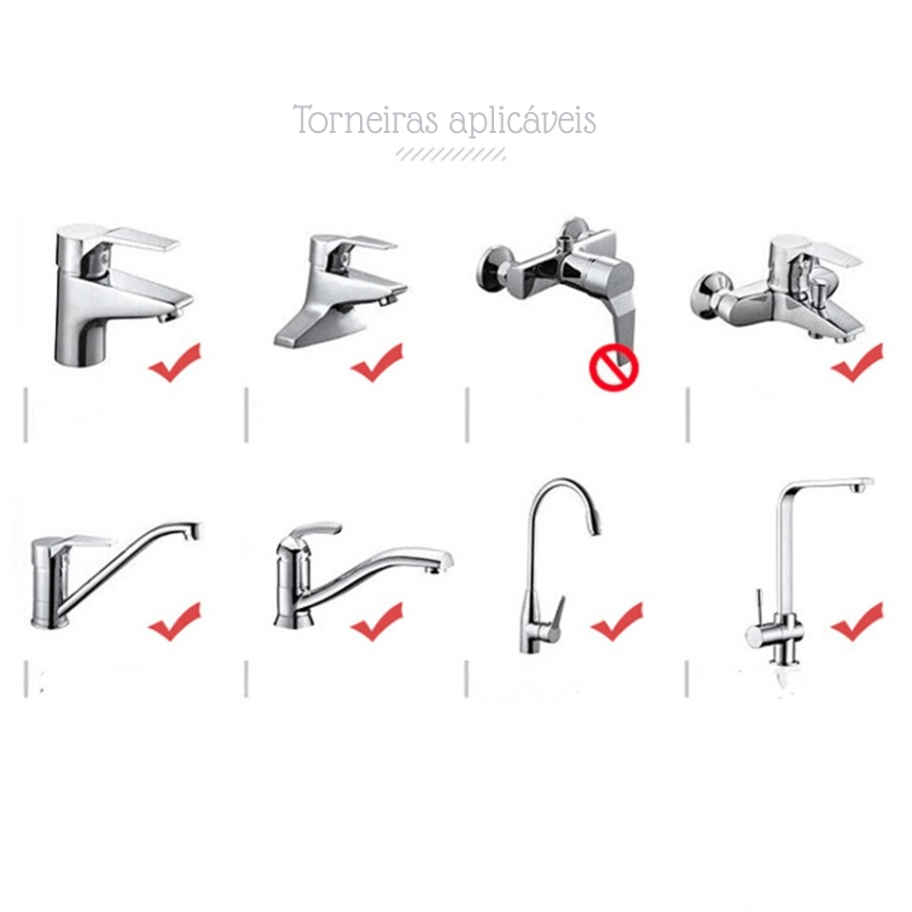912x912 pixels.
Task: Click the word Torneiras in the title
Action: tap(365, 120)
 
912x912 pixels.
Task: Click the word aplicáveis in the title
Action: tap(522, 121)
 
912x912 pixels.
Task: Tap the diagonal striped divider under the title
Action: tap(450, 154)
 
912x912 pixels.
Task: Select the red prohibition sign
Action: tap(614, 369)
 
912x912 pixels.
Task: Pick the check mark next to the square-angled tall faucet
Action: tap(856, 621)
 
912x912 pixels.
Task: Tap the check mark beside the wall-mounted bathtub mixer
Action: tap(856, 362)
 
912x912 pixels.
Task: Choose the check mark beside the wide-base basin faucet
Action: tap(376, 362)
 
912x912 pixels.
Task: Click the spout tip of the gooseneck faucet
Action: tap(595, 529)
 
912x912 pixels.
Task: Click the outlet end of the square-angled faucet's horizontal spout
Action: tap(861, 484)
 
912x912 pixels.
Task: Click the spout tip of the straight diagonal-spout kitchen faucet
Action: tap(192, 530)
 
